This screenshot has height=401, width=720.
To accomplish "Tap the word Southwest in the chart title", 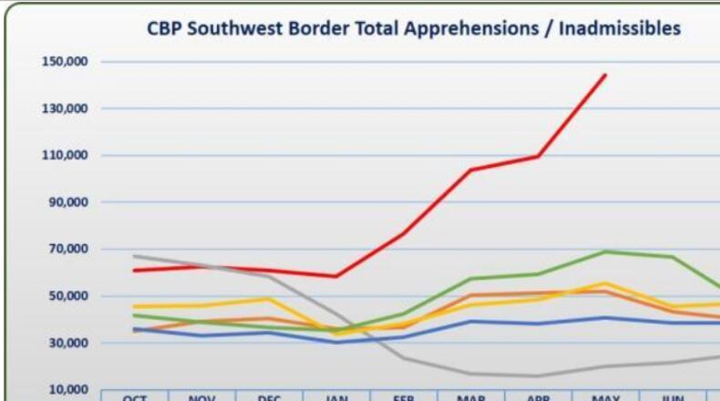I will pyautogui.click(x=231, y=29).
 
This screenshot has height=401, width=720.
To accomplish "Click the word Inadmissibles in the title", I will pyautogui.click(x=620, y=29).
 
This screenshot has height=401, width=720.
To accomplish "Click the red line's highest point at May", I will pyautogui.click(x=605, y=75).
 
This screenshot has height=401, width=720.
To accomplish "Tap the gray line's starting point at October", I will pyautogui.click(x=134, y=256).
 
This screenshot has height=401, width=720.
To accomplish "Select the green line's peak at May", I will pyautogui.click(x=605, y=252).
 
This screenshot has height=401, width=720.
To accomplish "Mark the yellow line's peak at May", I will pyautogui.click(x=605, y=283).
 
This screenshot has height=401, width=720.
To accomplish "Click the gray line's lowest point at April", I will pyautogui.click(x=539, y=375).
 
